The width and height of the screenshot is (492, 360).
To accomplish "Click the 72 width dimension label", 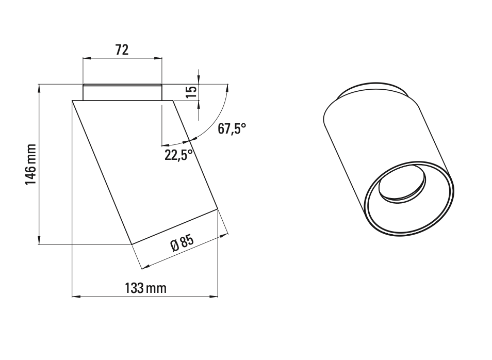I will [x=122, y=50].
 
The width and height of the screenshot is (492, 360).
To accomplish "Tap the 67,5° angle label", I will [x=232, y=129].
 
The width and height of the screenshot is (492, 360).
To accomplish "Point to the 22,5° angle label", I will [x=178, y=154].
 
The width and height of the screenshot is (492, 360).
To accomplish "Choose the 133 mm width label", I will [x=146, y=288].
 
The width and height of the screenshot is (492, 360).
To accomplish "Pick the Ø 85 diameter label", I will [x=182, y=243].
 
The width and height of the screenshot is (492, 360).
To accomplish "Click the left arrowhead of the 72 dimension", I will [x=87, y=59].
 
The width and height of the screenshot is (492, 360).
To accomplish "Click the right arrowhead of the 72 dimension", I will [x=158, y=59].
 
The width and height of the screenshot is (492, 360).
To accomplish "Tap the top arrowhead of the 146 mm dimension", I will [x=39, y=88].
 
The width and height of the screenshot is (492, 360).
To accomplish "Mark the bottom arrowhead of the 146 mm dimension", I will [x=39, y=240].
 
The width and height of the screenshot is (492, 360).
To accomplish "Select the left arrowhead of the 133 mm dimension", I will [x=76, y=297].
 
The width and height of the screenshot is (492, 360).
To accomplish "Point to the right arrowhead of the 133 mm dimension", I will [x=214, y=297].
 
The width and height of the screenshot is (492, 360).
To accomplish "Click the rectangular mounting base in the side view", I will [x=122, y=92].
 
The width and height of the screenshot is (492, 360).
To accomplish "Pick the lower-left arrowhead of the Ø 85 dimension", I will [x=145, y=267].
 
